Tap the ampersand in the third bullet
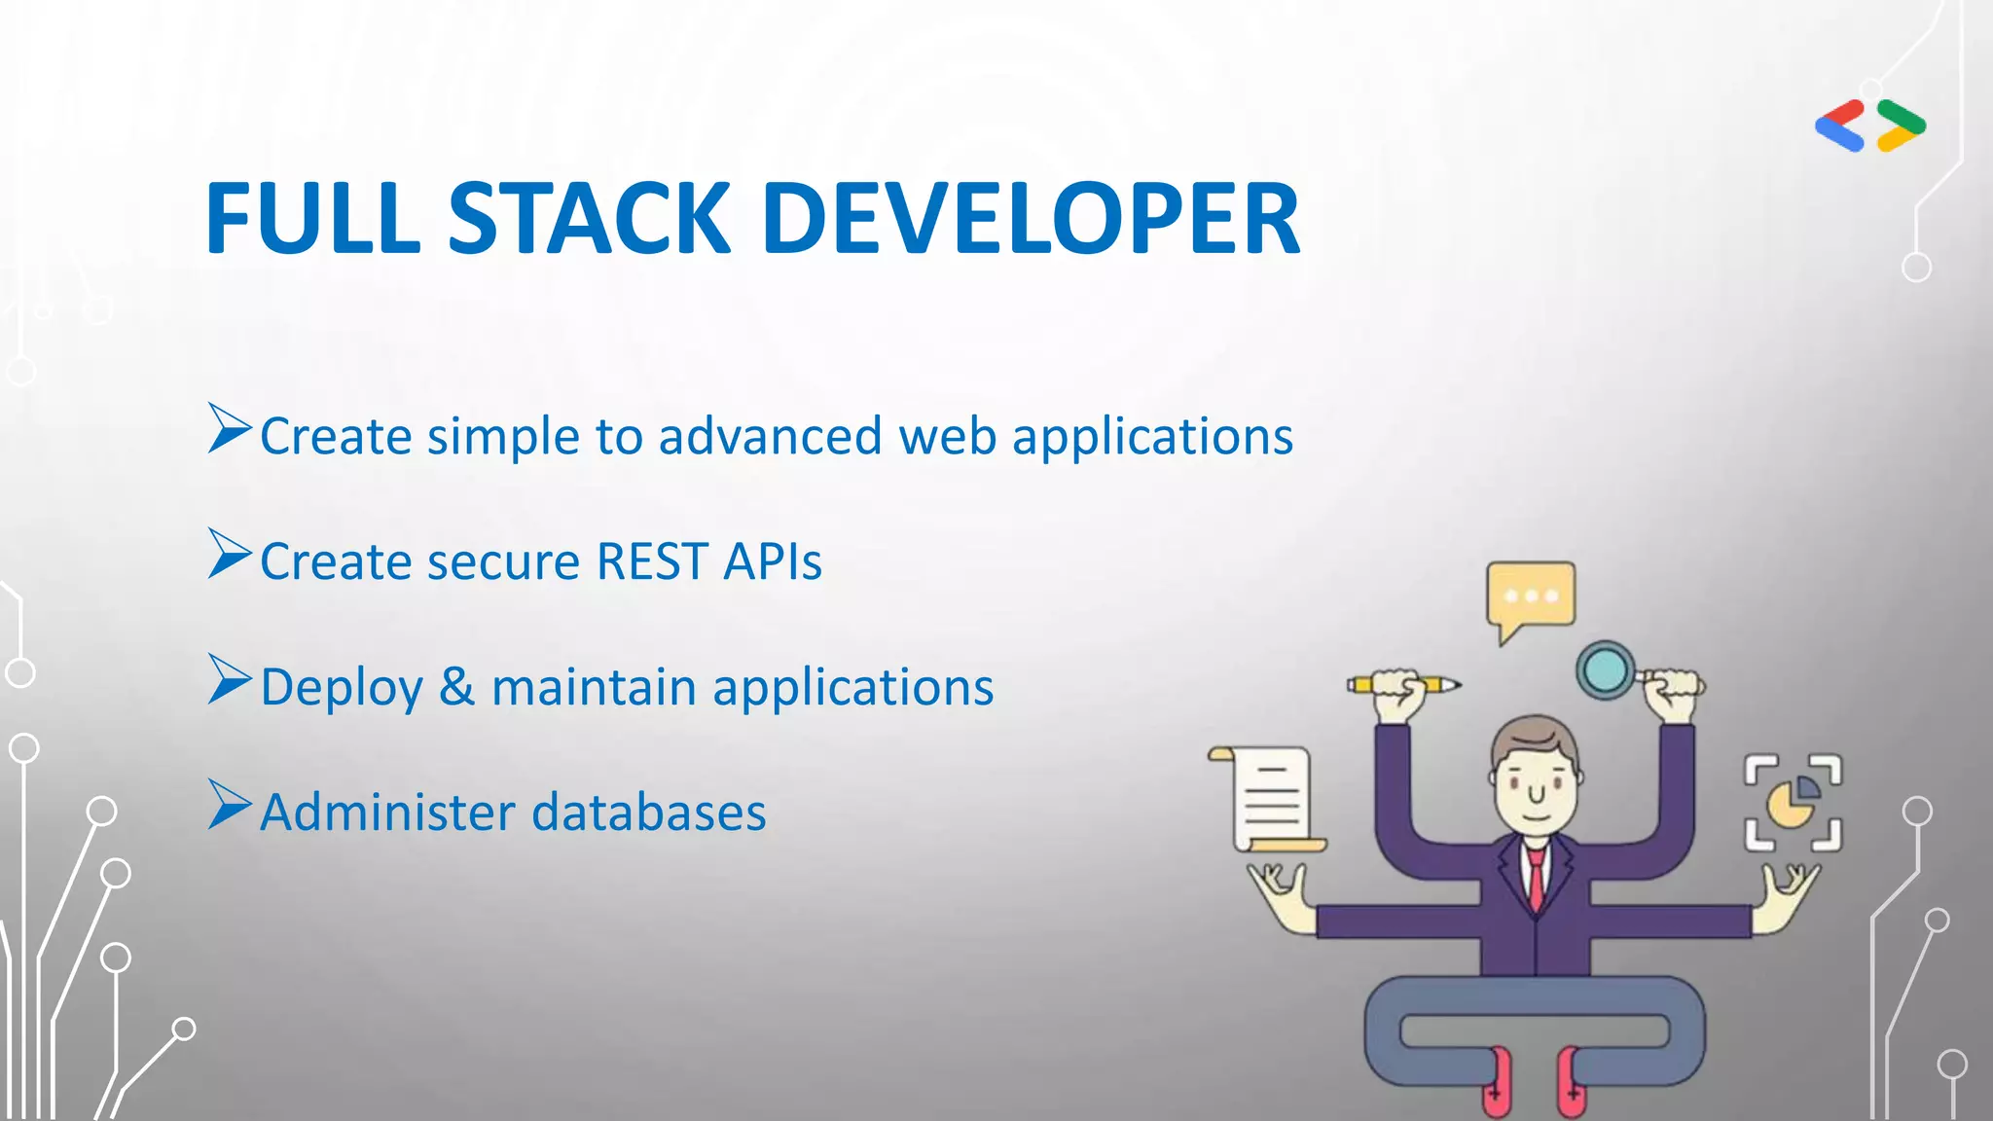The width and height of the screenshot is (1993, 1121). pyautogui.click(x=456, y=686)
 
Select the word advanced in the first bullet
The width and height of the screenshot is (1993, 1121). pyautogui.click(x=770, y=436)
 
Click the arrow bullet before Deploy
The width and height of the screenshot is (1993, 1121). pyautogui.click(x=230, y=679)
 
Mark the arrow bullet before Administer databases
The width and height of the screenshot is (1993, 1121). pyautogui.click(x=230, y=805)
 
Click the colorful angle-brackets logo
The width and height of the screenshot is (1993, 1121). pyautogui.click(x=1870, y=126)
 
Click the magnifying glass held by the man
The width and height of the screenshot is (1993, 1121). pyautogui.click(x=1606, y=669)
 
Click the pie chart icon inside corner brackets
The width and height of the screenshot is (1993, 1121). pyautogui.click(x=1793, y=803)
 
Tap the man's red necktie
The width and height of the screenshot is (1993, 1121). pyautogui.click(x=1536, y=876)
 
